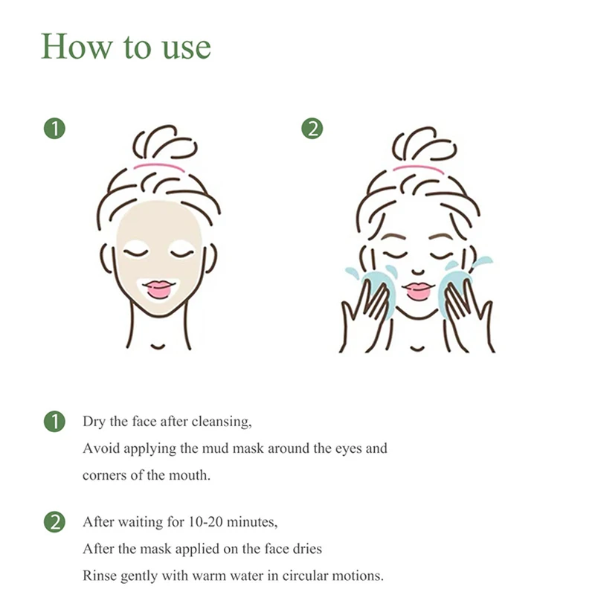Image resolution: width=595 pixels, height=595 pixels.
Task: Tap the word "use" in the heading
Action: click(187, 48)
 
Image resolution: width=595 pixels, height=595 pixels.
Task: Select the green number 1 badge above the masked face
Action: click(54, 128)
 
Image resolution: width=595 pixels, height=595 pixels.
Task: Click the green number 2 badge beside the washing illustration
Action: click(312, 128)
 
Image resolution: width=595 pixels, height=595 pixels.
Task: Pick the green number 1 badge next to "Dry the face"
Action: click(54, 422)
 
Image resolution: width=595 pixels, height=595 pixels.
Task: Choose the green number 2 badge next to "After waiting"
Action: click(54, 522)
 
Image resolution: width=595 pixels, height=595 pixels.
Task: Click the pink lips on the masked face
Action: click(159, 289)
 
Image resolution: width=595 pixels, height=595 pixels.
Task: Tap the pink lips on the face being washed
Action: click(419, 289)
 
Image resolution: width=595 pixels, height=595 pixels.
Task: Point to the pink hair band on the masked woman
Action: click(159, 167)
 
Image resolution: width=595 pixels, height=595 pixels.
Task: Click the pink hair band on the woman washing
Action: click(418, 168)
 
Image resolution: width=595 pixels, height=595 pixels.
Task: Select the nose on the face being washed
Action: click(418, 271)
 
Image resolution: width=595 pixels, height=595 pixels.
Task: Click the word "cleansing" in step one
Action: click(220, 422)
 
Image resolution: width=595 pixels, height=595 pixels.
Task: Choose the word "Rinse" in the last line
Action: click(100, 576)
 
